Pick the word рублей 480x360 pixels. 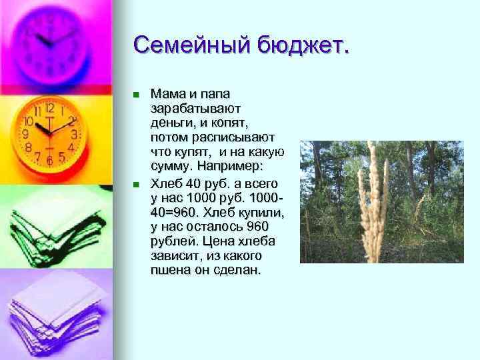(x=172, y=241)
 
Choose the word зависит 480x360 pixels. (x=175, y=256)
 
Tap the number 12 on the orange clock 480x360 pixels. (x=49, y=107)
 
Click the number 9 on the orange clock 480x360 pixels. (x=25, y=133)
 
